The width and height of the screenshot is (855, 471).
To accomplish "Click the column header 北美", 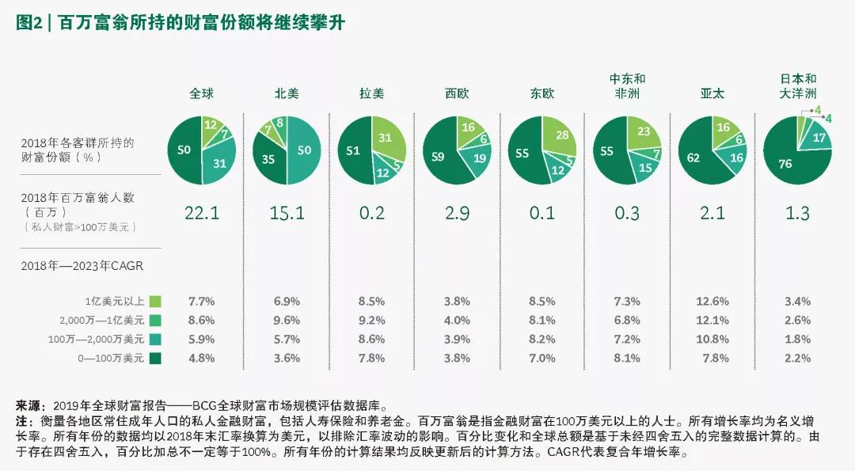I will point(286,93).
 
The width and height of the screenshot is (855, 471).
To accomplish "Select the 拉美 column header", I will point(371,93).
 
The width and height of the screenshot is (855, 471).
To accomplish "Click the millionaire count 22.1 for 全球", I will point(201,211).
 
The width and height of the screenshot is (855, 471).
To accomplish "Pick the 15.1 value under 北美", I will point(286,211).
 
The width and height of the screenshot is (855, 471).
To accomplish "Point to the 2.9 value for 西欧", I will point(457,211).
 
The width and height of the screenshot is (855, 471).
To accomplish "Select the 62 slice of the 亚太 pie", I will point(694,158).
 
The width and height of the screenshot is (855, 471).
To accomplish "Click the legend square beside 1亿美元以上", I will point(155,301).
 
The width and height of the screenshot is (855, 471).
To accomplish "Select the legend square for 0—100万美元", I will point(155,358).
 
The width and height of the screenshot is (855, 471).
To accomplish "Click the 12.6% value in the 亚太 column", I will point(713,302).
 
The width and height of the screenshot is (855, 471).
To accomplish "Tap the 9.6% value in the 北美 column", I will point(286,321).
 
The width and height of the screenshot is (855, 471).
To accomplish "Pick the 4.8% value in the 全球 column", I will point(201,358).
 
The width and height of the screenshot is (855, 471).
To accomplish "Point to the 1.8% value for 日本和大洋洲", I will point(798,340).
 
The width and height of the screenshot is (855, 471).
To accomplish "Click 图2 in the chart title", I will point(29,23).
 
